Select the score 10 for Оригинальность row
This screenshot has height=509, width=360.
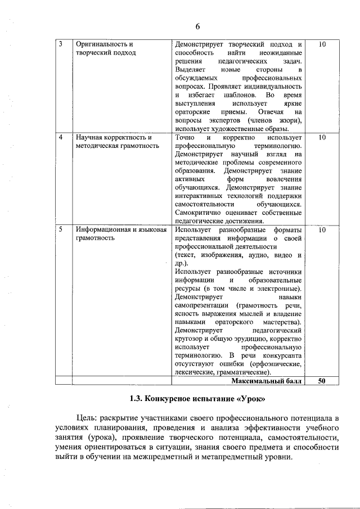(x=322, y=44)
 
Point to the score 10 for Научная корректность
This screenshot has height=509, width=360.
(x=322, y=137)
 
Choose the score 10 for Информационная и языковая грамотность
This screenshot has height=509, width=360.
(x=322, y=230)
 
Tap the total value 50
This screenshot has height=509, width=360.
(x=322, y=381)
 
